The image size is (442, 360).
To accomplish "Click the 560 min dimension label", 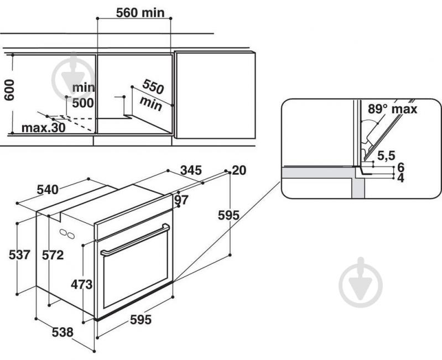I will point(141,12).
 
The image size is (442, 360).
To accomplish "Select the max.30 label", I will point(43,128).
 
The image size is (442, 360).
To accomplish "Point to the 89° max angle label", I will point(392,108).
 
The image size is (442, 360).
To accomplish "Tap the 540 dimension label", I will point(47,189).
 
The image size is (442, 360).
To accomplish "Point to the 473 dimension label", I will point(81,284).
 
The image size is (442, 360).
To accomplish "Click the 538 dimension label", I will point(62,332).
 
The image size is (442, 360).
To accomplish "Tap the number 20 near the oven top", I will point(238,171).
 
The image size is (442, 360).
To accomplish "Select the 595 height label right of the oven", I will point(228,216).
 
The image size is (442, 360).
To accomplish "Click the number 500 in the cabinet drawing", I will point(83,102).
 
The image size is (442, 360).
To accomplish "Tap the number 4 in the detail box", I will point(401,178).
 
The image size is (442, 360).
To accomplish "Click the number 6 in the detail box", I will point(401,167).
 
